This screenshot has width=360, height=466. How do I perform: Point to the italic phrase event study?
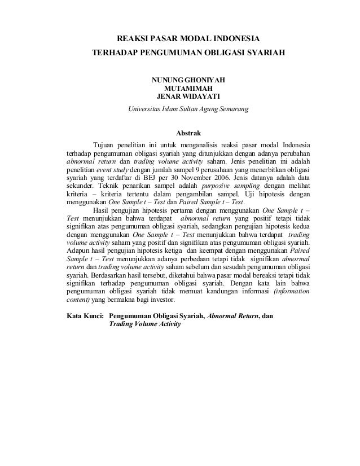tap(113, 168)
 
